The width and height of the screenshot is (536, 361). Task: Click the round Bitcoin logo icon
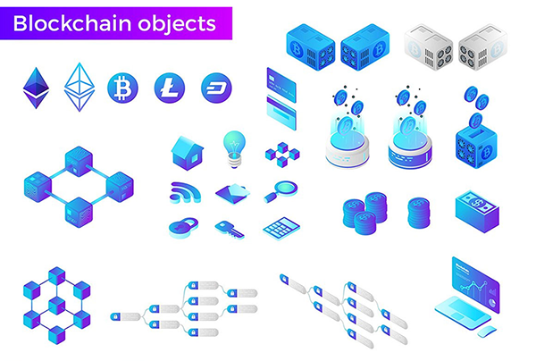click(x=122, y=88)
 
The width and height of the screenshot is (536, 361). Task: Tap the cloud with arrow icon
click(x=230, y=191)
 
